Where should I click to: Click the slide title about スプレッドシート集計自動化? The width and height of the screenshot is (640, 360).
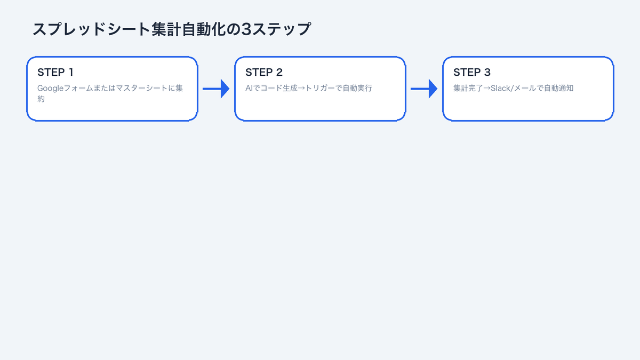[171, 29]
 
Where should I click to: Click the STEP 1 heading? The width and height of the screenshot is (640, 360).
[55, 73]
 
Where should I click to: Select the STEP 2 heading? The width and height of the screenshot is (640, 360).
[263, 73]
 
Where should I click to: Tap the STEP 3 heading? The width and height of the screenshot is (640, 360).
[471, 73]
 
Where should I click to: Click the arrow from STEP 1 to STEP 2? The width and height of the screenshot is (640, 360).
[216, 89]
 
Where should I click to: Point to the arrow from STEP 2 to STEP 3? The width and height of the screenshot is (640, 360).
[424, 89]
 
